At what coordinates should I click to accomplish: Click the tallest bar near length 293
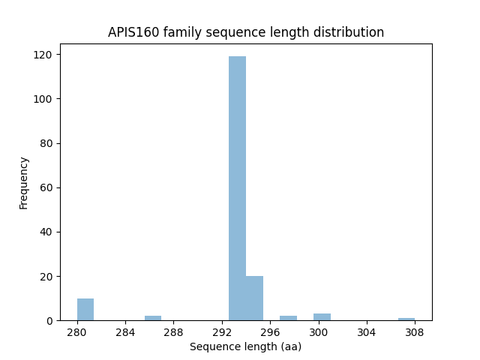pos(237,188)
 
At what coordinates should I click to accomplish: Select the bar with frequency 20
pos(254,298)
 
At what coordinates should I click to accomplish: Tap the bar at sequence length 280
pos(85,310)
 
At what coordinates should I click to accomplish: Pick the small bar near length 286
pos(153,318)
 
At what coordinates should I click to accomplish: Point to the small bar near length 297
pos(288,318)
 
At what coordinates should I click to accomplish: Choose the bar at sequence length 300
pos(322,317)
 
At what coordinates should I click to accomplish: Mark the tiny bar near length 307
pos(406,319)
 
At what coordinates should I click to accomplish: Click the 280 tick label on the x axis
pos(77,331)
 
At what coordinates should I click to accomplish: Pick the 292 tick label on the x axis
pos(222,331)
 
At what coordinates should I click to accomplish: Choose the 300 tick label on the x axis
pos(319,331)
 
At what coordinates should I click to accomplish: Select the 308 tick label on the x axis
pos(415,331)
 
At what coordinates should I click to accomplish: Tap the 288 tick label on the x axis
pos(174,331)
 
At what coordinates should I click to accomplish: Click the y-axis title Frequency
pos(24,182)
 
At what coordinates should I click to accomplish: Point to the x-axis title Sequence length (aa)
pos(245,346)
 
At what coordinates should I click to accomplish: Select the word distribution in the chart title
pos(352,32)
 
